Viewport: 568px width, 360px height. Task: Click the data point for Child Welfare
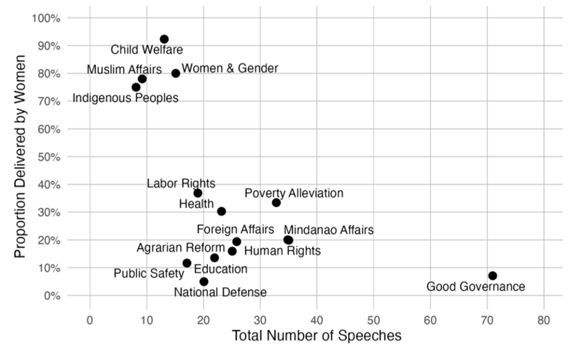pyautogui.click(x=164, y=39)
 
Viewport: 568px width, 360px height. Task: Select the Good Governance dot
pyautogui.click(x=492, y=276)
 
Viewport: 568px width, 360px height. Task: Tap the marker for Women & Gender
pyautogui.click(x=176, y=73)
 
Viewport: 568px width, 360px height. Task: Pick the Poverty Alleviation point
pyautogui.click(x=276, y=203)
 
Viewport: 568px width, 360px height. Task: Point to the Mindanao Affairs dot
pyautogui.click(x=288, y=240)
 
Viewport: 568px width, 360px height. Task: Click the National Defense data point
pyautogui.click(x=204, y=282)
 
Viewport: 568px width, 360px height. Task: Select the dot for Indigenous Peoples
pyautogui.click(x=136, y=87)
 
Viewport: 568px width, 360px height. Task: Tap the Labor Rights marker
pyautogui.click(x=198, y=194)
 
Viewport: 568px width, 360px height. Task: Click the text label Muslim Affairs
pyautogui.click(x=124, y=70)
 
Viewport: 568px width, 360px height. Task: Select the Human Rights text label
pyautogui.click(x=283, y=251)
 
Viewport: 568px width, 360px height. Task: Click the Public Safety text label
pyautogui.click(x=148, y=274)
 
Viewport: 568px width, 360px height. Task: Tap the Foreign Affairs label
pyautogui.click(x=235, y=230)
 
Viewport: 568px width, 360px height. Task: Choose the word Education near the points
pyautogui.click(x=220, y=269)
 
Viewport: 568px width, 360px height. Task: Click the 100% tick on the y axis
pyautogui.click(x=46, y=18)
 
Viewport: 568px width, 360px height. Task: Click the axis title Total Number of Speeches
pyautogui.click(x=317, y=336)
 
